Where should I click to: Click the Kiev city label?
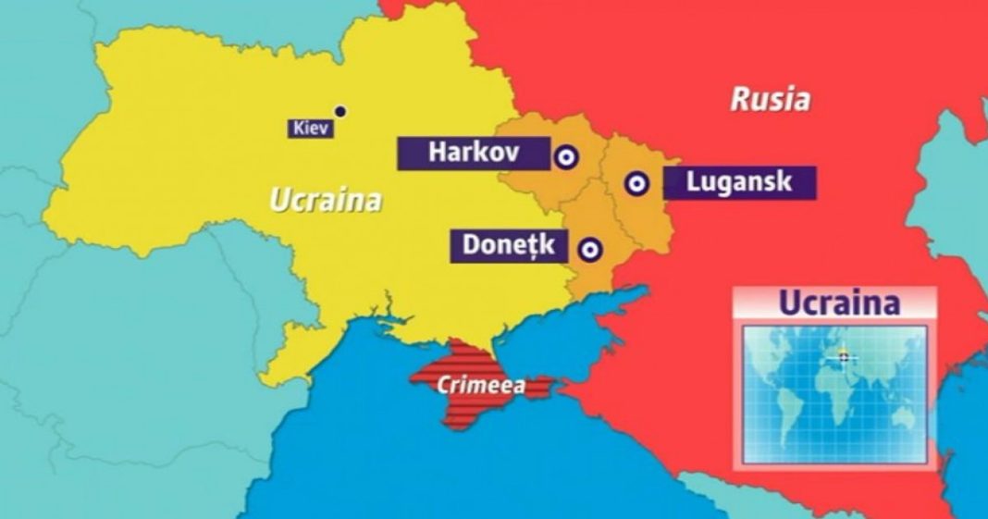[310, 129]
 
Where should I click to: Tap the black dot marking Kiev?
[340, 112]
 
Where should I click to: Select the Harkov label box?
[473, 153]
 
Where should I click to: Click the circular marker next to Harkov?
[564, 158]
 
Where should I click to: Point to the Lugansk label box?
[739, 182]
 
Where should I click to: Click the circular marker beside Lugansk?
[636, 183]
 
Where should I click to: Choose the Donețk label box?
[508, 246]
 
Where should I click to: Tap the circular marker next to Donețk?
[589, 248]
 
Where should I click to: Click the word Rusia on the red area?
[771, 99]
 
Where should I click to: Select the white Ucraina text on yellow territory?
[325, 199]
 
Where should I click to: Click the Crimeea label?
[480, 386]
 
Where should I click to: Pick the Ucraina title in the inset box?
[838, 303]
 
